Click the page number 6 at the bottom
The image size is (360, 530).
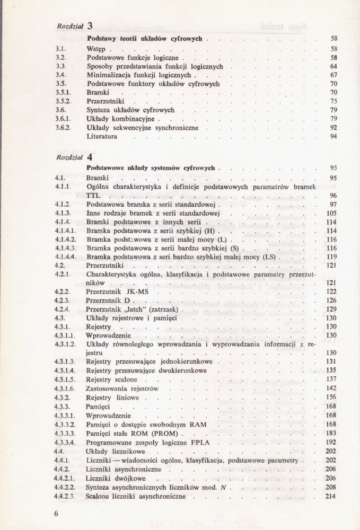(x=56, y=514)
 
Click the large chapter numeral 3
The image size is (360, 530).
(x=90, y=25)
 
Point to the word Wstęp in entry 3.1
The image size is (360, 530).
(x=96, y=48)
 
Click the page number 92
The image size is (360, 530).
(x=334, y=127)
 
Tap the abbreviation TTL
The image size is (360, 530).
(x=93, y=196)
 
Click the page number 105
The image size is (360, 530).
(x=332, y=213)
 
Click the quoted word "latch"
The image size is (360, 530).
(x=136, y=308)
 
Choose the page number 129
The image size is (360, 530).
(x=332, y=308)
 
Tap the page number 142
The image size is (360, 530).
(x=332, y=388)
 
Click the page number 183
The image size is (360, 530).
(x=332, y=432)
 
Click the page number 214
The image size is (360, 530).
(x=332, y=496)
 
